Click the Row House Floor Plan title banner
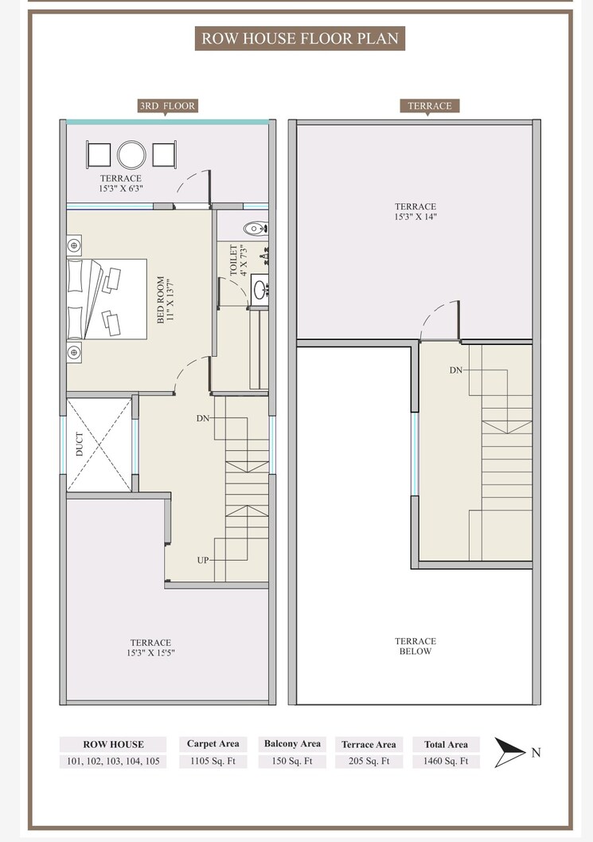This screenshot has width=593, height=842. click(x=299, y=38)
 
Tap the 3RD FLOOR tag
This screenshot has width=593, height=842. click(x=167, y=105)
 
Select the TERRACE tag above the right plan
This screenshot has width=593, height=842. click(x=429, y=105)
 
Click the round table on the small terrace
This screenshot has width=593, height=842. click(x=131, y=154)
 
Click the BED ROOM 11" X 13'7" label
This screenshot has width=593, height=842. click(x=166, y=299)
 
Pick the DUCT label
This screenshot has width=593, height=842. click(x=80, y=448)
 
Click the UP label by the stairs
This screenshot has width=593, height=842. click(x=203, y=560)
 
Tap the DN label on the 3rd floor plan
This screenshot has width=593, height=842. click(x=202, y=417)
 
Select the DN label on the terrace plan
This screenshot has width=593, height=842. click(x=456, y=370)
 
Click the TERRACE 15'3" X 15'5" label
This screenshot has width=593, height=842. click(x=150, y=648)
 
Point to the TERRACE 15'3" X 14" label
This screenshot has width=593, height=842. click(x=415, y=211)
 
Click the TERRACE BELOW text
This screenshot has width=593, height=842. click(x=415, y=646)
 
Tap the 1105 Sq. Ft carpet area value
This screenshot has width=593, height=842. click(x=213, y=761)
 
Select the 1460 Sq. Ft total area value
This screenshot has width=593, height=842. click(x=446, y=761)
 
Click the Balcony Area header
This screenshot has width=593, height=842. click(x=292, y=744)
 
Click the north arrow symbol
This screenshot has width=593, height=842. click(x=509, y=752)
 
